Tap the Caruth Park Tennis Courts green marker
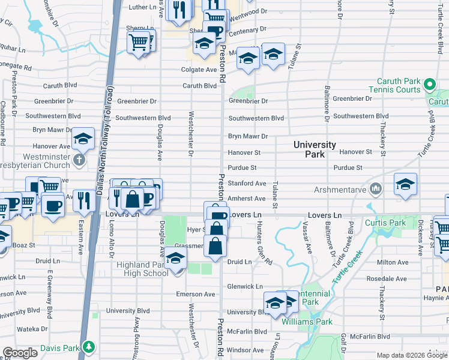[x=429, y=85]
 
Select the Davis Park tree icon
[x=89, y=347]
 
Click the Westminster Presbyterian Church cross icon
[x=78, y=160]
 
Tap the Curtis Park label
[x=391, y=223]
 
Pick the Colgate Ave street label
[x=199, y=70]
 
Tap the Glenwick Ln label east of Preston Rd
[x=246, y=287]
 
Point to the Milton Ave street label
[x=394, y=262]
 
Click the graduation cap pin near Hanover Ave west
[x=83, y=139]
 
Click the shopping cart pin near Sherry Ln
[x=138, y=43]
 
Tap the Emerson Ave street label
[x=195, y=294]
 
